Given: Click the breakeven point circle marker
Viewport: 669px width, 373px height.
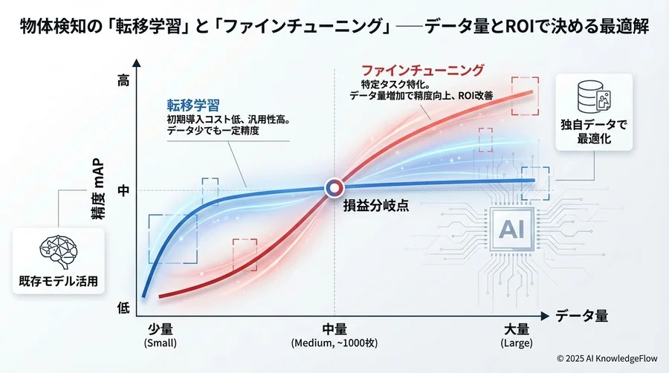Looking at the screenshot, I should point(332,188).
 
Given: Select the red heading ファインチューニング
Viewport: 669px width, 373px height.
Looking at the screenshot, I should point(423,71).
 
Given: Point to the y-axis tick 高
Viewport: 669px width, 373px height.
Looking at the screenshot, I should point(123,82).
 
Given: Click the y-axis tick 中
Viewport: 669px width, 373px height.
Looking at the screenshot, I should point(123,189).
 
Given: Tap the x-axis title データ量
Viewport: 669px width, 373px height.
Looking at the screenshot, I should point(582,315).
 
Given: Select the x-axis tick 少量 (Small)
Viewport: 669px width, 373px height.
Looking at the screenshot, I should point(161,335).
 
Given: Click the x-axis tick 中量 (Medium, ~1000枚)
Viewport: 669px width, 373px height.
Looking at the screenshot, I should point(334,335).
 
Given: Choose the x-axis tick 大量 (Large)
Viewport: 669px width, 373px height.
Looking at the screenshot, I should point(517,335).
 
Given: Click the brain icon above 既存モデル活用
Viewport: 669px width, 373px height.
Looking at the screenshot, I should point(58,252).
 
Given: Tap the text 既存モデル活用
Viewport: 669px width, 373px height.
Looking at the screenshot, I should point(58,282).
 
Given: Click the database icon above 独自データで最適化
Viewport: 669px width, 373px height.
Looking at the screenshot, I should point(592,96).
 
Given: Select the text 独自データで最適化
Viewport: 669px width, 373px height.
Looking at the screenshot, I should point(592,132).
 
